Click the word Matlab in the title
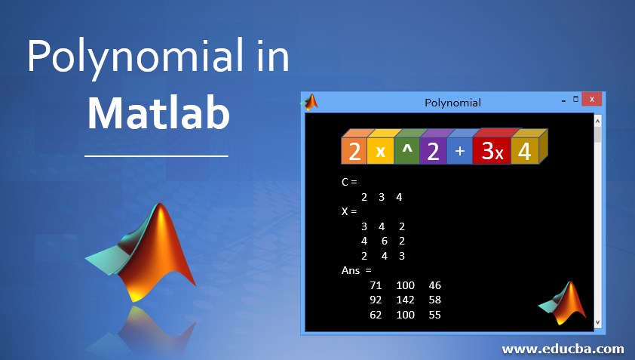[x=158, y=112]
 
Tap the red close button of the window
[x=592, y=99]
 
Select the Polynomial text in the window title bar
[x=452, y=103]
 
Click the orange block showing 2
[x=354, y=151]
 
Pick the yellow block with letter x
[x=380, y=151]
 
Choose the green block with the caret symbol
[x=407, y=151]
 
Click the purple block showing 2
[x=434, y=151]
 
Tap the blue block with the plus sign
[x=459, y=151]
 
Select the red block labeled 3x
[x=492, y=151]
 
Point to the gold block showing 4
[x=525, y=151]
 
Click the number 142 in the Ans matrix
[x=406, y=300]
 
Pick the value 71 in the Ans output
[x=376, y=285]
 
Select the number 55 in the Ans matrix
[x=434, y=315]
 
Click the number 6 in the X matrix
[x=385, y=242]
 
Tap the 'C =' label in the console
[x=349, y=182]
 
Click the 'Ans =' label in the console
[x=357, y=270]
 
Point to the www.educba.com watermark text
[x=563, y=349]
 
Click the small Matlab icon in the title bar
[x=310, y=102]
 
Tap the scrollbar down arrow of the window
[x=598, y=323]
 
